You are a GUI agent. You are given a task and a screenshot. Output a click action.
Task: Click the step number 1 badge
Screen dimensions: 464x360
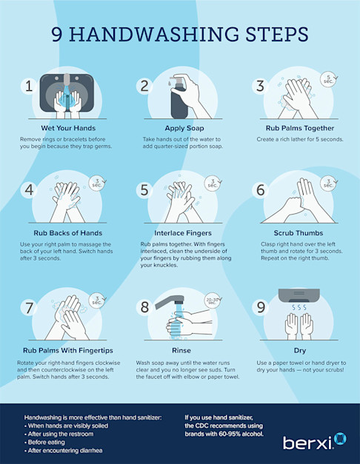[x=29, y=85]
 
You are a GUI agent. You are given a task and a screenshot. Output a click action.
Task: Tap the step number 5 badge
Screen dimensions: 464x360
[x=144, y=190]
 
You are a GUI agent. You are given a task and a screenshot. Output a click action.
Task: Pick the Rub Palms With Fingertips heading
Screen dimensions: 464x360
[x=61, y=350]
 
